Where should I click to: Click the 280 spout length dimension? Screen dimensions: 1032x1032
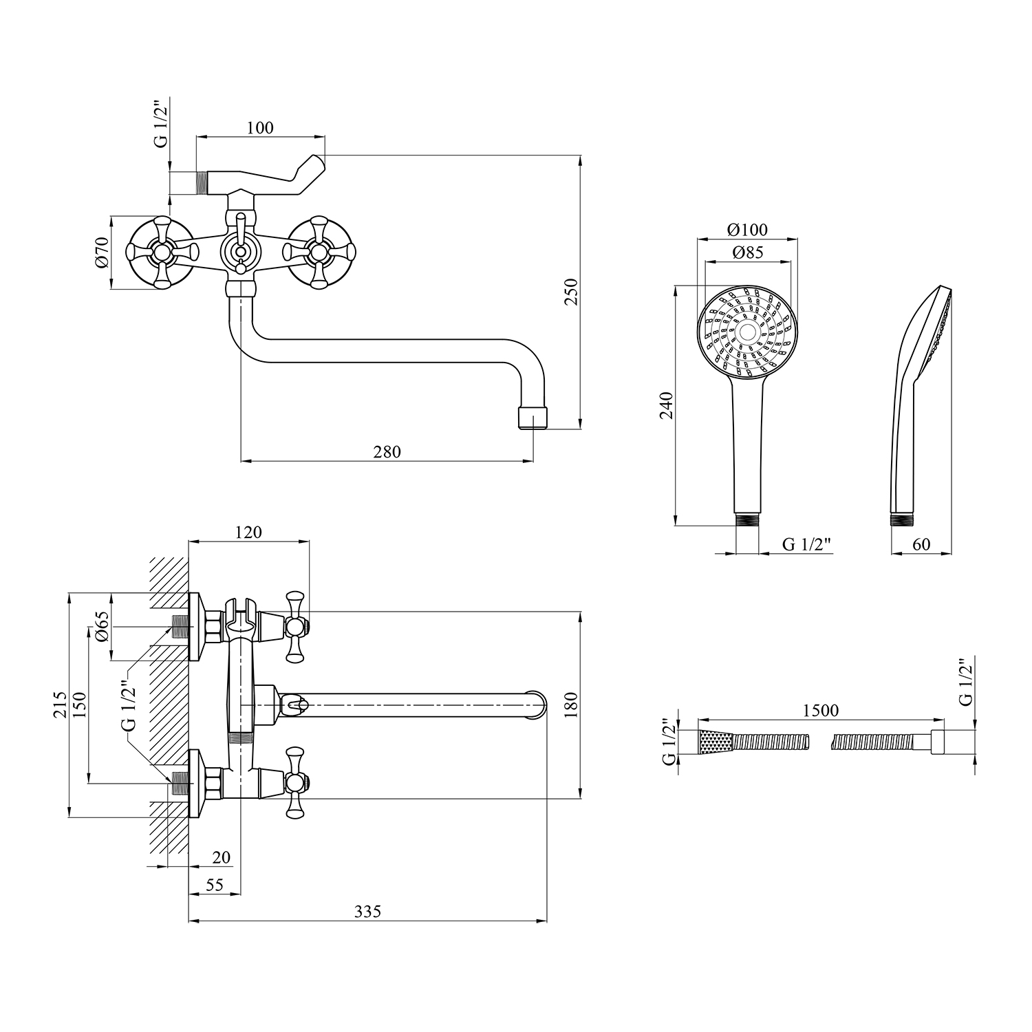(387, 452)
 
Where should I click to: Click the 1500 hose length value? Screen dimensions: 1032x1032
(820, 710)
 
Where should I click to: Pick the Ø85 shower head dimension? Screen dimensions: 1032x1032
(748, 252)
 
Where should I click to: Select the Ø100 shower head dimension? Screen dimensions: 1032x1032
(747, 230)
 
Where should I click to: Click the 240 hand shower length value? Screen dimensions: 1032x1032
(666, 405)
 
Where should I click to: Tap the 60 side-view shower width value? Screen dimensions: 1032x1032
(921, 544)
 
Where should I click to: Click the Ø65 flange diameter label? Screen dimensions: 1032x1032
(102, 626)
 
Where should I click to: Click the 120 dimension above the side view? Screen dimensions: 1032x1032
(248, 532)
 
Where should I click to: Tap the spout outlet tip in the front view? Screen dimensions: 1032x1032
(532, 417)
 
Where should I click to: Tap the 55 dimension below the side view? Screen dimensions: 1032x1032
(215, 885)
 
